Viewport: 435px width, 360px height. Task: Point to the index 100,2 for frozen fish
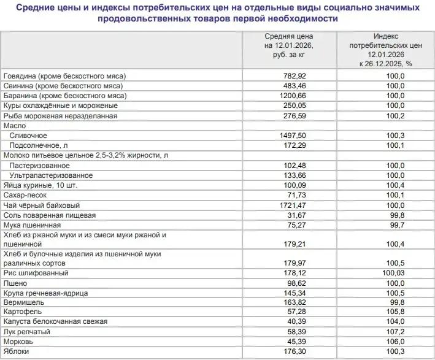click(395, 115)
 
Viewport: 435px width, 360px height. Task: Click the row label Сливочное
click(28, 136)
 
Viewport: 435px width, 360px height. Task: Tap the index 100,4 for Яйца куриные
click(395, 185)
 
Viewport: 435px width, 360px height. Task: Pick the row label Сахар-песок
click(27, 195)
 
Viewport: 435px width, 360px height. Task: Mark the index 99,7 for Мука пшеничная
click(397, 224)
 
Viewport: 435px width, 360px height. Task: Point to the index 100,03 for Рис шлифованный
click(393, 272)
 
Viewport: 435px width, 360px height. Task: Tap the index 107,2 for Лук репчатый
click(395, 332)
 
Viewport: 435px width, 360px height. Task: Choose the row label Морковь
click(19, 342)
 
